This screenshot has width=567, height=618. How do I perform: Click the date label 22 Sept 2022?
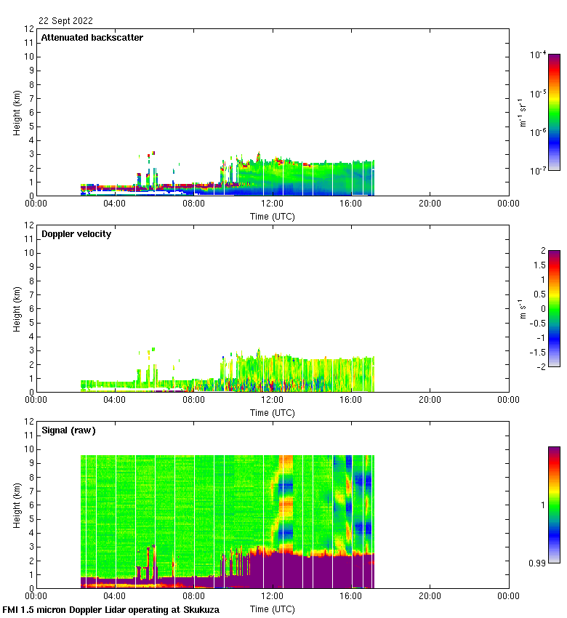[x=65, y=21]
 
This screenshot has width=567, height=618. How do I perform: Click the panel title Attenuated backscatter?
[x=92, y=37]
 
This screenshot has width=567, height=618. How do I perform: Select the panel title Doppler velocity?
[x=76, y=234]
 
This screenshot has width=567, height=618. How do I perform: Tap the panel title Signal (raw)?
[x=68, y=430]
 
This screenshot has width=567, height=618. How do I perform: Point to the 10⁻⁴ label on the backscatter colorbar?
[x=538, y=55]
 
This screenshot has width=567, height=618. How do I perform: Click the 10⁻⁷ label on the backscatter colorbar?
[x=538, y=169]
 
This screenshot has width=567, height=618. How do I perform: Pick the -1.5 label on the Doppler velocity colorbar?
[x=539, y=351]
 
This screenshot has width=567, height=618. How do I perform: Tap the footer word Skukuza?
[x=198, y=610]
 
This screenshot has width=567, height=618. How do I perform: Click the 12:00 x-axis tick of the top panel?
[x=273, y=204]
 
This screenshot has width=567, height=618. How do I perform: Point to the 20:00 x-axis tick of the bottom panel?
[x=430, y=596]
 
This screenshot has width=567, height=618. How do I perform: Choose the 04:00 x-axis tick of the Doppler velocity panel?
[x=115, y=400]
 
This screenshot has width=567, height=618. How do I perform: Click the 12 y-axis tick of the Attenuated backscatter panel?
[x=29, y=29]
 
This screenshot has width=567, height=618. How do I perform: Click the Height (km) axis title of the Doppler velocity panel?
[x=16, y=309]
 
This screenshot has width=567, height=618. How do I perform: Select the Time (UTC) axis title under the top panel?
[x=273, y=216]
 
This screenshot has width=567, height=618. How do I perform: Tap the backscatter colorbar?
[x=554, y=112]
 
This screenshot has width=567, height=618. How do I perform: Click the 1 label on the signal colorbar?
[x=539, y=505]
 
